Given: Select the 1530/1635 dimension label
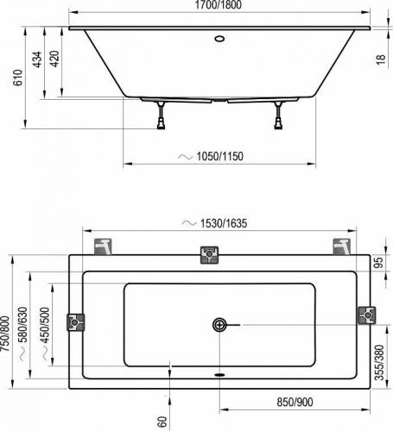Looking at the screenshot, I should pos(220,222).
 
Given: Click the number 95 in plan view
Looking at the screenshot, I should pos(377,263).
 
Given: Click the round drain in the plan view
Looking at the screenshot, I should pos(219,325).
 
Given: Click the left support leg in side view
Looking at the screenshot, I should pos(161,115).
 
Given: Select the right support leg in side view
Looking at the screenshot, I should pos(278,115).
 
